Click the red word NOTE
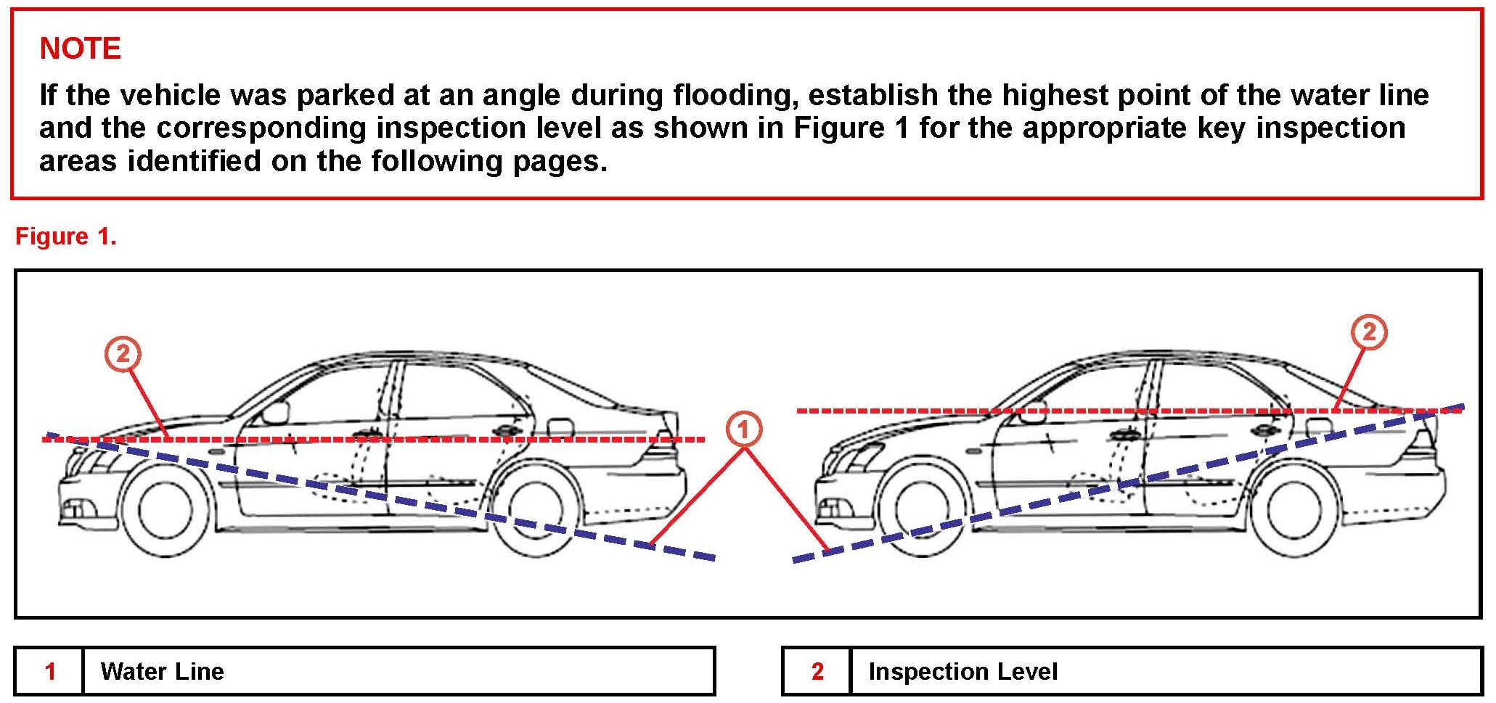(x=80, y=49)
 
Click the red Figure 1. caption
(x=65, y=237)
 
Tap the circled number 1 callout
(x=743, y=429)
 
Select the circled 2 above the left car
(x=123, y=354)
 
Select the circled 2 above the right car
(x=1368, y=332)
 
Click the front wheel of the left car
(x=165, y=511)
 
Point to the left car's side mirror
(x=275, y=413)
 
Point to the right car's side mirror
(x=1033, y=411)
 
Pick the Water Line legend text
(x=162, y=672)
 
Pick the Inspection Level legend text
(x=962, y=672)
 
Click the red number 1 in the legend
(x=50, y=672)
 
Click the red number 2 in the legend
(x=817, y=672)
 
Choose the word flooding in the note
(x=735, y=96)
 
